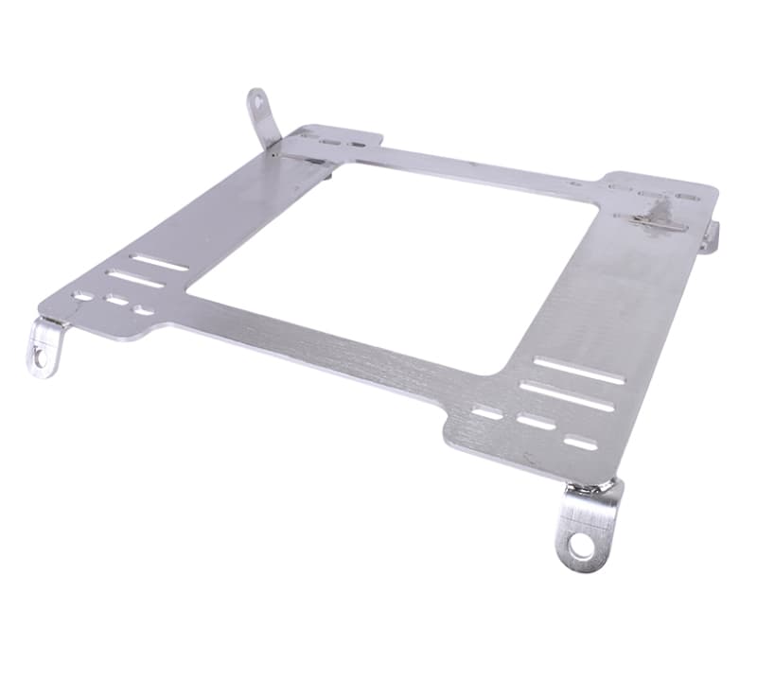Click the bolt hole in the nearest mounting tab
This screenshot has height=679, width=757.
tap(582, 547)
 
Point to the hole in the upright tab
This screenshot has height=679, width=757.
tap(256, 98)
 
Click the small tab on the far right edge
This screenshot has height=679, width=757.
tap(712, 236)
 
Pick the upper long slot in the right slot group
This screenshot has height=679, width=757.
tap(579, 371)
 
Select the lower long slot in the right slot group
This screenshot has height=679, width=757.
tap(567, 397)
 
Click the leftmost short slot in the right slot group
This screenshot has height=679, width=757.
tap(487, 413)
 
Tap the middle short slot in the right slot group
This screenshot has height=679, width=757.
tap(537, 422)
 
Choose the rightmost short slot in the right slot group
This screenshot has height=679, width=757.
tap(580, 442)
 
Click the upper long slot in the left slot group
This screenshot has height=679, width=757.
tap(160, 262)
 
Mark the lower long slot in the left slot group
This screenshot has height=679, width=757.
tap(134, 279)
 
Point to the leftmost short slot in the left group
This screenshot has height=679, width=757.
tap(83, 296)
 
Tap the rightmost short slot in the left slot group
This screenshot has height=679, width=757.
tap(144, 310)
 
